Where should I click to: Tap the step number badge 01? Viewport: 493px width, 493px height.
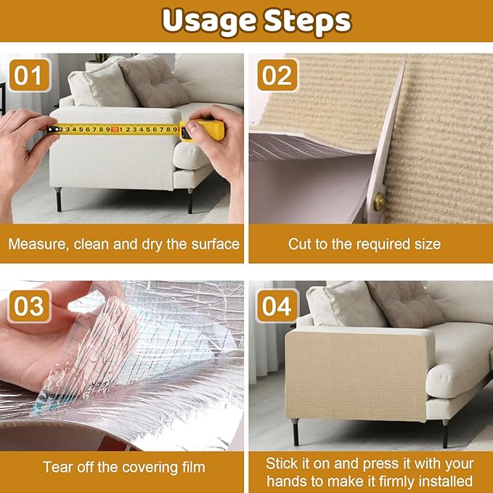[30, 76]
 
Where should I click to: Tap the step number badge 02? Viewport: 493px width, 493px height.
[277, 76]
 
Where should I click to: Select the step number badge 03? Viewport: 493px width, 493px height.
[30, 305]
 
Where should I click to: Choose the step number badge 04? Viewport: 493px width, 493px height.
[277, 305]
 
